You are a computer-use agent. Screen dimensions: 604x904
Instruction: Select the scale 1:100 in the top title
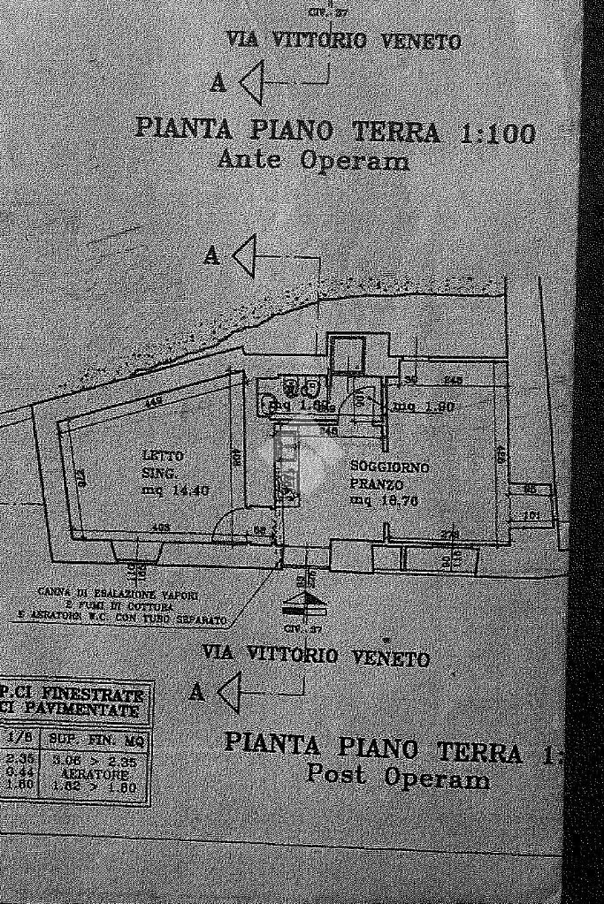point(498,134)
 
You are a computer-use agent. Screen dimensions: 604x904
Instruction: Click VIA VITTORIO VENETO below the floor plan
point(316,657)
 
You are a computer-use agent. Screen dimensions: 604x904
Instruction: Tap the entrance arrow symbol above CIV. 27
point(304,604)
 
